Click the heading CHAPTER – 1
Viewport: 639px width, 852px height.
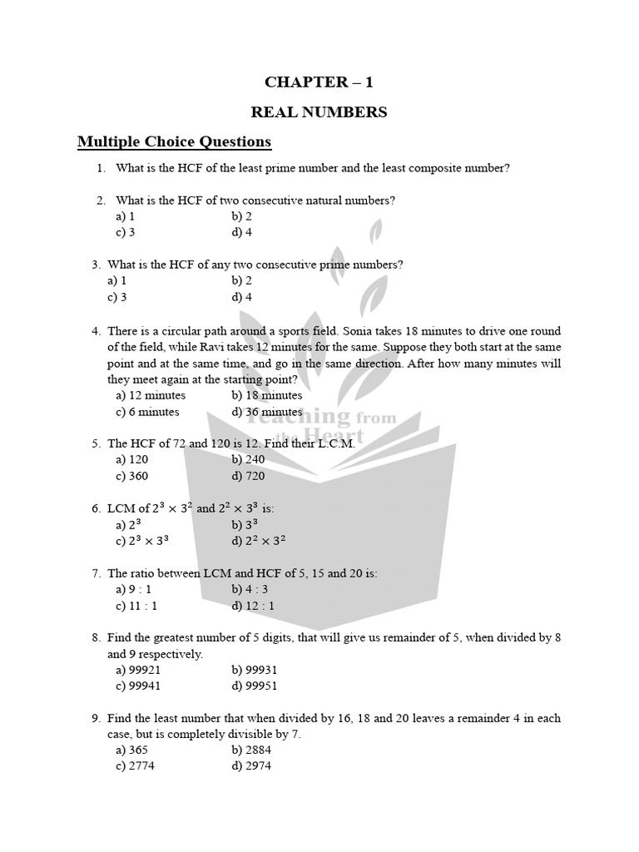(x=319, y=82)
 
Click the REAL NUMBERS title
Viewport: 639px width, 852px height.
(x=319, y=112)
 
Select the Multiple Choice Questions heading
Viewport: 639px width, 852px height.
(x=175, y=141)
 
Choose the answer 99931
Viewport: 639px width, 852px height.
(x=255, y=670)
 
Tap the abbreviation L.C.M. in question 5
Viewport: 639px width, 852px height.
(x=333, y=443)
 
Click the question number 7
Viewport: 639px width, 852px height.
(x=97, y=573)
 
